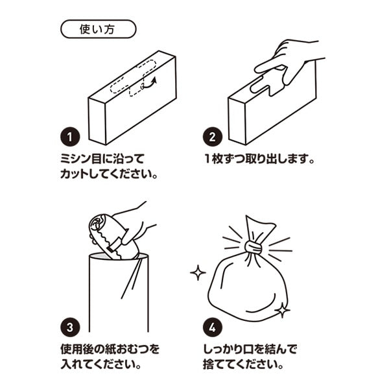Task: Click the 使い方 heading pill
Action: [x=98, y=29]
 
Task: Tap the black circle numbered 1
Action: [x=70, y=137]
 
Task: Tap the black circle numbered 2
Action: [x=212, y=137]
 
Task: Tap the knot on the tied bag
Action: [x=254, y=248]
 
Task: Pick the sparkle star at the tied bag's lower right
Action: [x=283, y=310]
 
